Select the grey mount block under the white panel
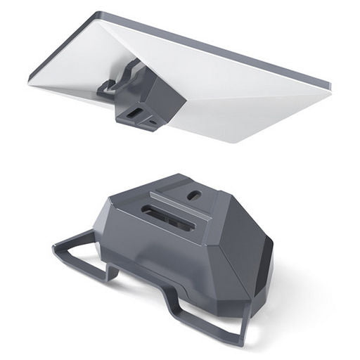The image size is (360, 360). (x=150, y=98)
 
